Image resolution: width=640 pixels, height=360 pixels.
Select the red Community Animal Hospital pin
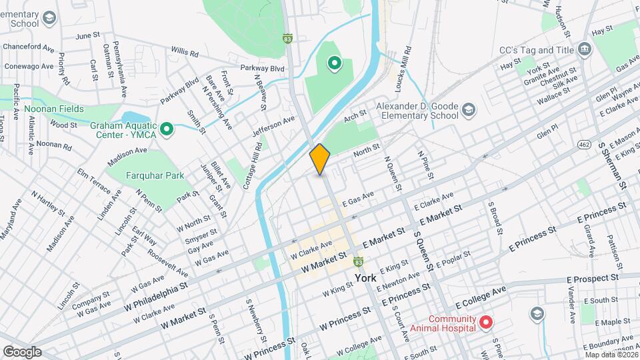click(x=486, y=323)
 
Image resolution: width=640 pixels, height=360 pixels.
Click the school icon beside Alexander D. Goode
click(x=469, y=110)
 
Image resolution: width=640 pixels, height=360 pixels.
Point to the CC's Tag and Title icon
click(x=585, y=49)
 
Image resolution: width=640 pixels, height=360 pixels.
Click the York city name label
click(x=365, y=277)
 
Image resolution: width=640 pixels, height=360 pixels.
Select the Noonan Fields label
click(x=54, y=109)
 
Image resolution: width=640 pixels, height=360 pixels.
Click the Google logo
click(x=22, y=351)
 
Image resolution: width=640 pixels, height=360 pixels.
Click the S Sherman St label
click(x=613, y=163)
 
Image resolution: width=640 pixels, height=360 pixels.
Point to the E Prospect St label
click(x=592, y=279)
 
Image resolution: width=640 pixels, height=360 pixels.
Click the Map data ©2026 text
click(x=610, y=354)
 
